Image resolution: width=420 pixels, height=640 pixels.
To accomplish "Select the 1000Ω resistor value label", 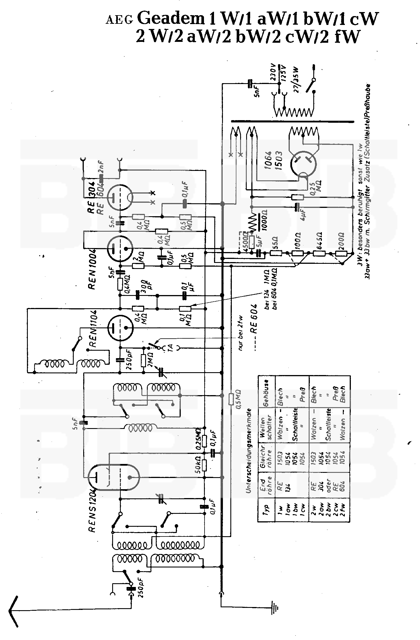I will coord(264,221).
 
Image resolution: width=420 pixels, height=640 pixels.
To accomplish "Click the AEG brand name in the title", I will coord(120,20).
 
